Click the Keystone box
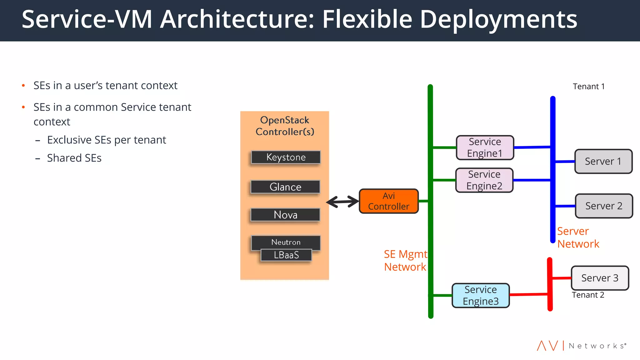286,157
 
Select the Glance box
285,187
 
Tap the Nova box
285,215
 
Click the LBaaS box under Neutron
286,255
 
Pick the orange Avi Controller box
388,201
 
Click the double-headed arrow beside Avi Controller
343,202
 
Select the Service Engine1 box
485,147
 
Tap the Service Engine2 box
484,180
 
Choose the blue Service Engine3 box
481,295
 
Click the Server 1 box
603,161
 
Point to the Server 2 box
604,206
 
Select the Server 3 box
600,278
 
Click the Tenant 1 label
588,87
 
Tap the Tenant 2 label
588,295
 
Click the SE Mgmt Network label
405,261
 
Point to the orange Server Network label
578,237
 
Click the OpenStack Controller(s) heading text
285,126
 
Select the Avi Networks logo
581,346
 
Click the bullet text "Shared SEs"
74,158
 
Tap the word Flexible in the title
367,19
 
